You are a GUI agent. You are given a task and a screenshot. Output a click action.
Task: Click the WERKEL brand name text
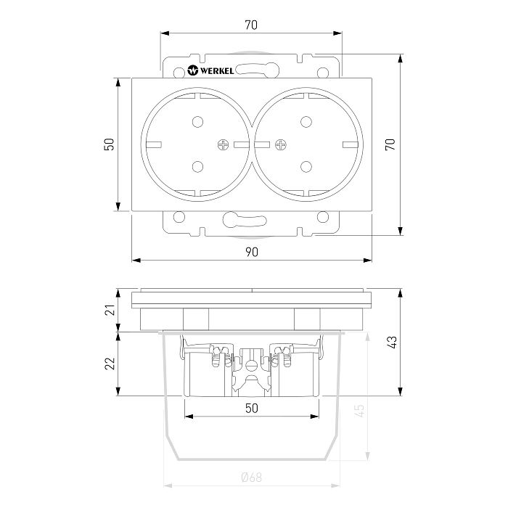click(x=217, y=70)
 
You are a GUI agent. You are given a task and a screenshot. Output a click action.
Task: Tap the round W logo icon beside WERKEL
click(x=193, y=70)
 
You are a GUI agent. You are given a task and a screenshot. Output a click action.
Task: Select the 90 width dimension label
click(x=252, y=252)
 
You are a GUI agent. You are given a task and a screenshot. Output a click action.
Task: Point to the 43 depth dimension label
click(x=391, y=342)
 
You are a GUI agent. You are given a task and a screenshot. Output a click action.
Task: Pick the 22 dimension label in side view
click(x=110, y=364)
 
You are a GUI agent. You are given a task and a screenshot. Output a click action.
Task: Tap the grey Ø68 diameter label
click(x=252, y=478)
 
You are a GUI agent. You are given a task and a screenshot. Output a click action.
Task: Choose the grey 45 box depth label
click(x=360, y=411)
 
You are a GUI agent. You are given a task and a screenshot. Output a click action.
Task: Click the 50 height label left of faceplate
click(x=110, y=144)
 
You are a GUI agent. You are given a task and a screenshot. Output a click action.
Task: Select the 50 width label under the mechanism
click(x=252, y=408)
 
